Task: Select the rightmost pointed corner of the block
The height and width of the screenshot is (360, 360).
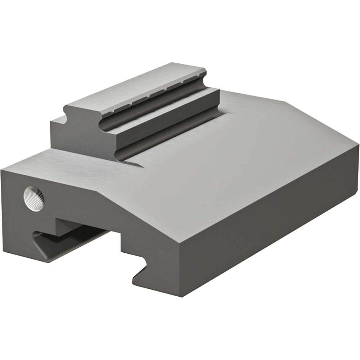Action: (358, 144)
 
